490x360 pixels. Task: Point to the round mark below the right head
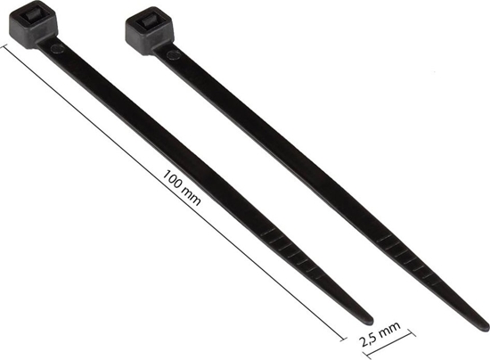[x=174, y=54]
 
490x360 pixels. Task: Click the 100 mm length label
[x=181, y=185]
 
